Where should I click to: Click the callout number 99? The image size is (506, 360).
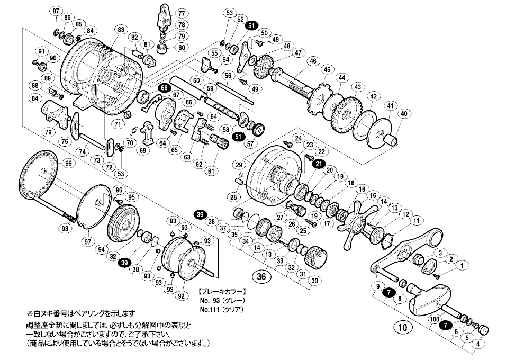(x=68, y=164)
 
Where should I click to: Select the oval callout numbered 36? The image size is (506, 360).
(x=260, y=276)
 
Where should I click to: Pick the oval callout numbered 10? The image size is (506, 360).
(x=404, y=328)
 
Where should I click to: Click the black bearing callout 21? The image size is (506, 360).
(x=319, y=165)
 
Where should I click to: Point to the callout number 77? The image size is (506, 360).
(x=182, y=13)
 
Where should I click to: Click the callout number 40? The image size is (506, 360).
(x=404, y=113)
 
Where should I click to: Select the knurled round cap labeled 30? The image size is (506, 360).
(x=316, y=258)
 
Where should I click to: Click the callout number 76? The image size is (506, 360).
(x=49, y=132)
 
